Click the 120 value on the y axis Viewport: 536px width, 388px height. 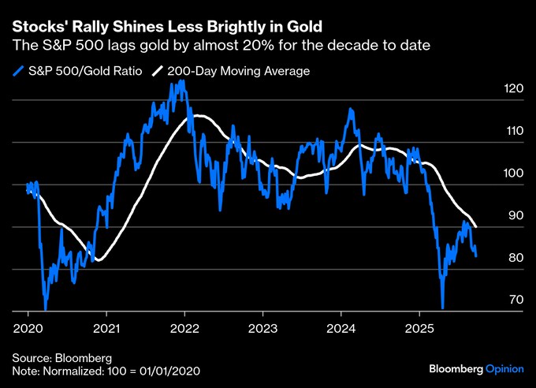pyautogui.click(x=512, y=90)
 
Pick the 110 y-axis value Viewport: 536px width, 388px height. pyautogui.click(x=512, y=132)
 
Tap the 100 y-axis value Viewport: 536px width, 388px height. pyautogui.click(x=512, y=174)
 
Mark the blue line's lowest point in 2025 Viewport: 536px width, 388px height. pyautogui.click(x=443, y=308)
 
